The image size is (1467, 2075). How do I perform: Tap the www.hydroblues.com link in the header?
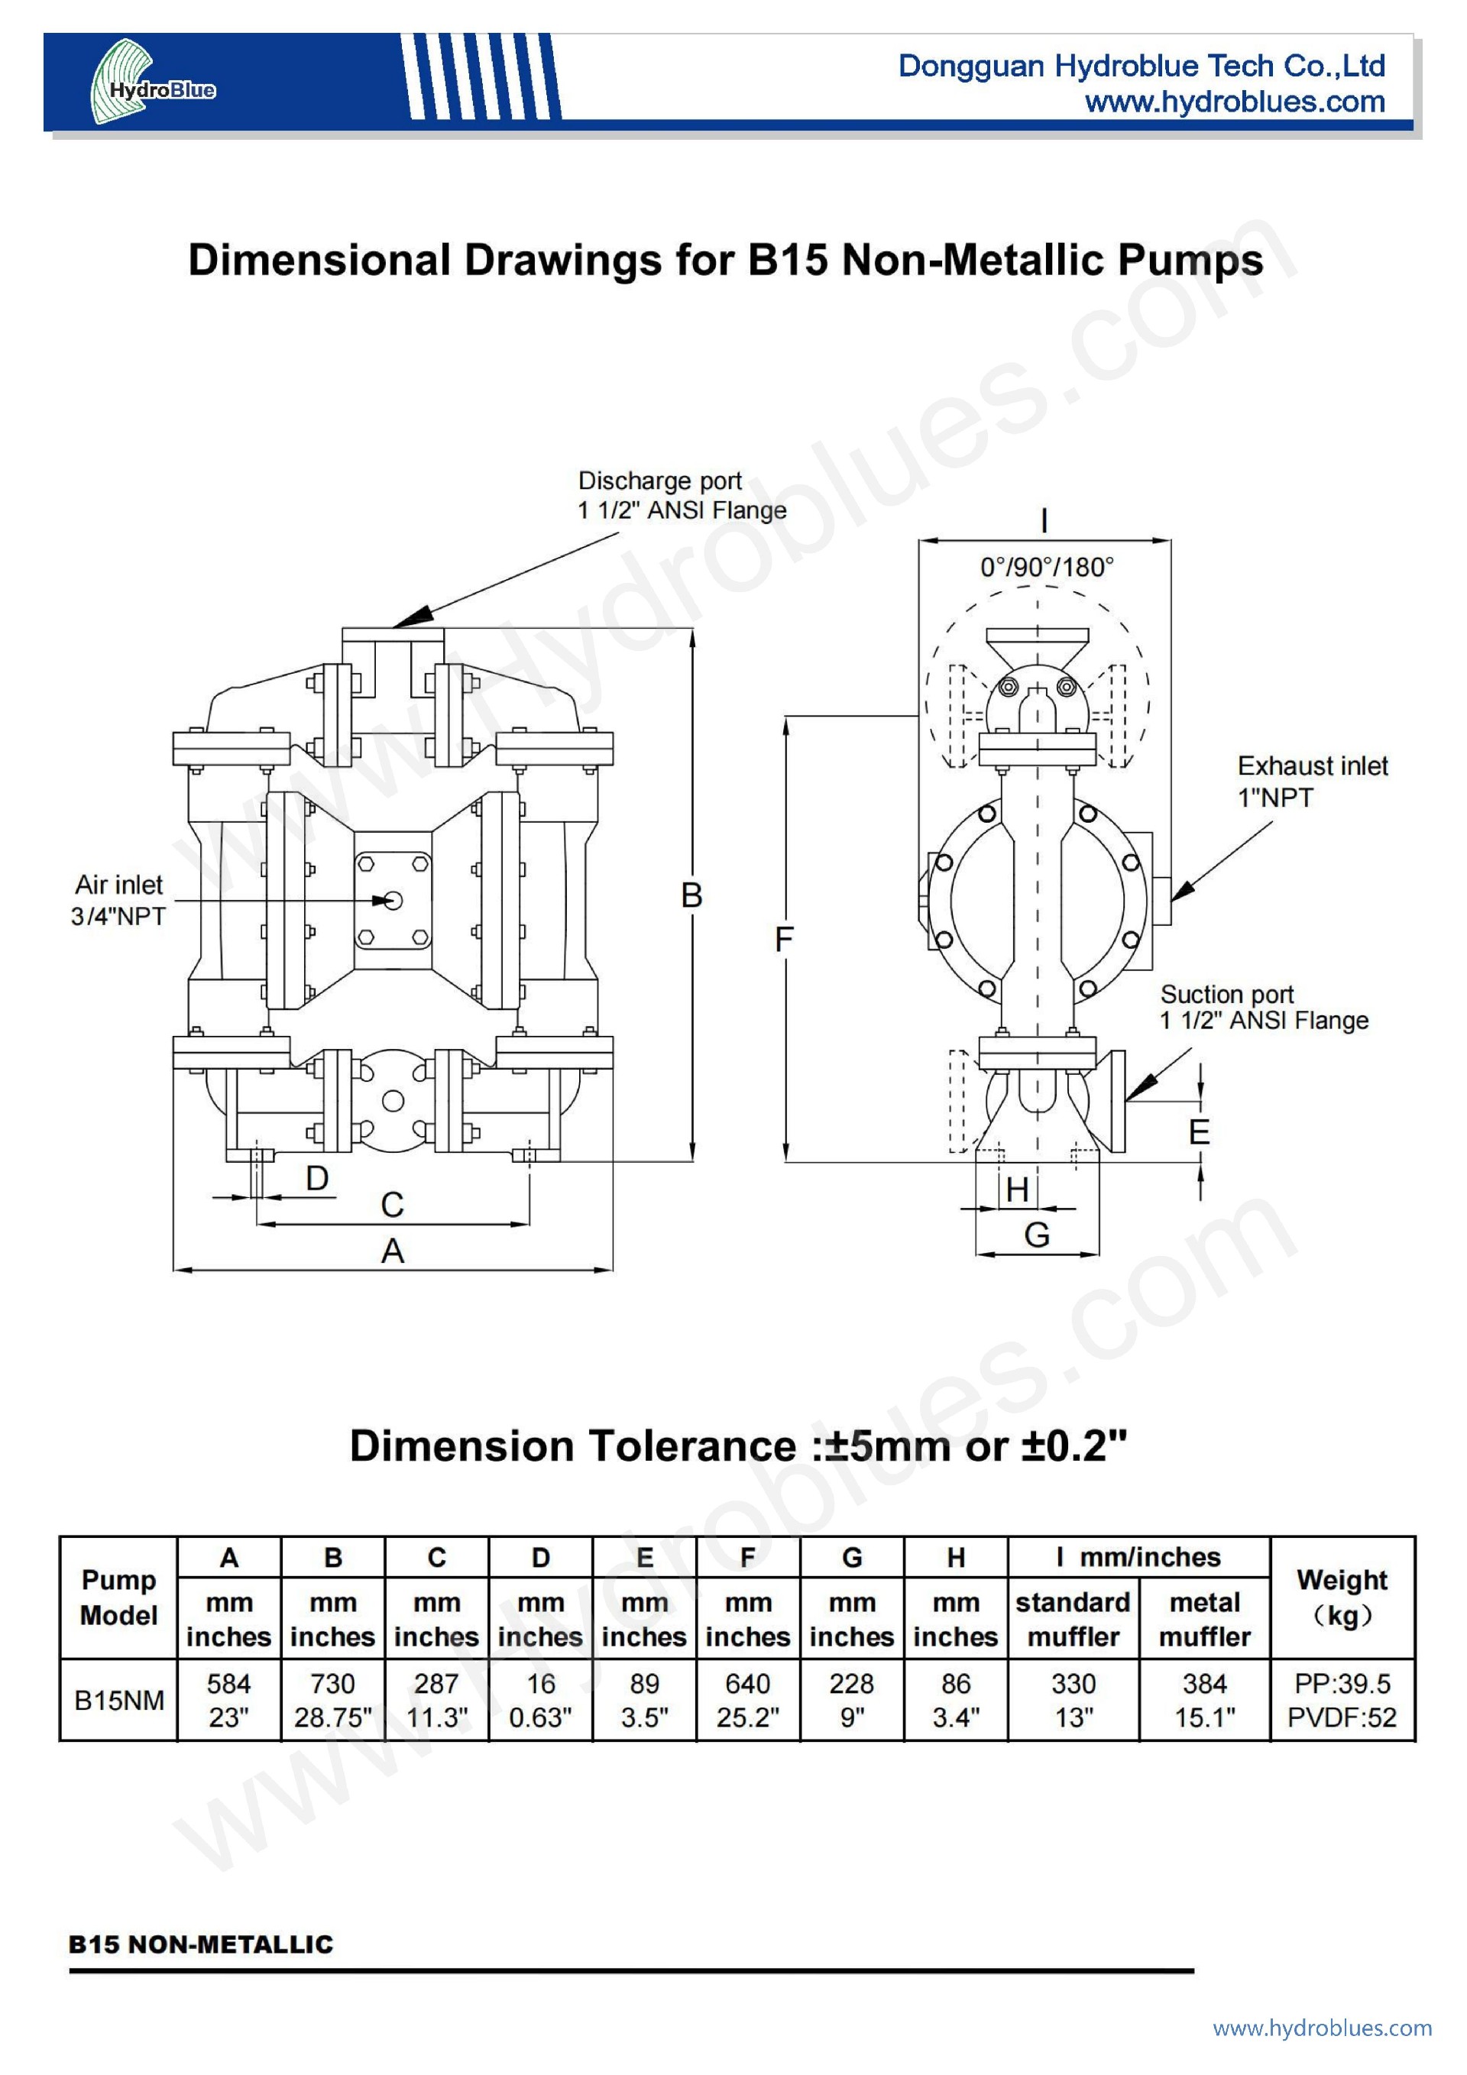click(1235, 102)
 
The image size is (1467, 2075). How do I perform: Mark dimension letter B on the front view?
click(691, 895)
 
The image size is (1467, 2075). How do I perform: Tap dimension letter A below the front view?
click(392, 1251)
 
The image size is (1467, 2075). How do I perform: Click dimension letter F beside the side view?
click(784, 940)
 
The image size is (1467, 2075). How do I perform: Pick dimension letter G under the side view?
click(1037, 1235)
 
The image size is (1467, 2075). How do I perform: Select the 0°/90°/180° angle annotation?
click(1047, 568)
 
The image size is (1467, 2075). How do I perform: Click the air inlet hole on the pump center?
click(392, 900)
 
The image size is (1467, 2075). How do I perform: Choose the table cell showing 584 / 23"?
click(228, 1701)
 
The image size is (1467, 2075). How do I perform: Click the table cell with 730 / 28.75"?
click(332, 1701)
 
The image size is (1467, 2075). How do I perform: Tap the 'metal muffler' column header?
click(1204, 1620)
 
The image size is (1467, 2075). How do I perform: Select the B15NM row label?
click(118, 1700)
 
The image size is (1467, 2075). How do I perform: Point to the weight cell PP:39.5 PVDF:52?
click(1342, 1701)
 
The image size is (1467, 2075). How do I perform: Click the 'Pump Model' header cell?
click(118, 1597)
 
